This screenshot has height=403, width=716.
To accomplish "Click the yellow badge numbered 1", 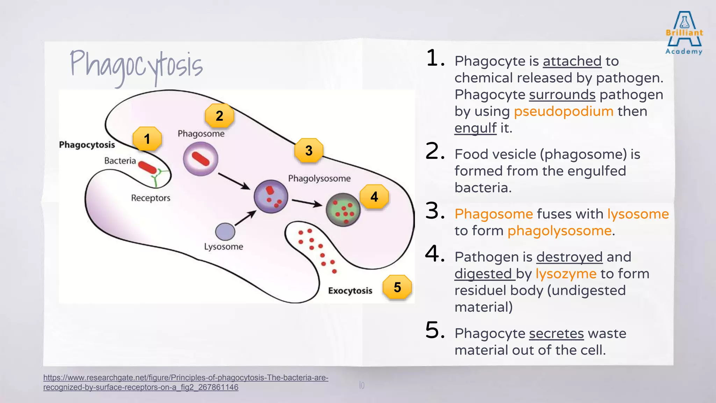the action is pyautogui.click(x=147, y=139).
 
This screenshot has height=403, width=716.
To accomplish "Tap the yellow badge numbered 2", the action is pyautogui.click(x=219, y=116).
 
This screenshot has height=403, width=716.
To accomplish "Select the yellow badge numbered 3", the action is pyautogui.click(x=309, y=150).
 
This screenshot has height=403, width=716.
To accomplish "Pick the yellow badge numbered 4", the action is pyautogui.click(x=374, y=197).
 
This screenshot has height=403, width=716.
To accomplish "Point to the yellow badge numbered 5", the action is pyautogui.click(x=397, y=287).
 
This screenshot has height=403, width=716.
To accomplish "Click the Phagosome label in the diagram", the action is pyautogui.click(x=201, y=134).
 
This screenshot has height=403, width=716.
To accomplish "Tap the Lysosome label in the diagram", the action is pyautogui.click(x=223, y=247).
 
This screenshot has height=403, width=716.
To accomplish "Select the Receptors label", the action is pyautogui.click(x=151, y=198).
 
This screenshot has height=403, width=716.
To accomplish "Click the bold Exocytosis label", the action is pyautogui.click(x=350, y=291).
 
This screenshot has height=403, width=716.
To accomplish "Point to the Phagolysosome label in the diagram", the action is pyautogui.click(x=319, y=178).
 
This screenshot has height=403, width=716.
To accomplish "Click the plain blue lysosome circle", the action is pyautogui.click(x=225, y=232).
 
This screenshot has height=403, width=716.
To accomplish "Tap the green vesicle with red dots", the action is pyautogui.click(x=343, y=210).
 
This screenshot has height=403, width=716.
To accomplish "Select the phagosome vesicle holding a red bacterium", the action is pyautogui.click(x=201, y=159).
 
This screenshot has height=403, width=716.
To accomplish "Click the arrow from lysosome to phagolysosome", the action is pyautogui.click(x=245, y=218).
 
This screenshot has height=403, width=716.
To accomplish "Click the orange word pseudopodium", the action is pyautogui.click(x=564, y=111).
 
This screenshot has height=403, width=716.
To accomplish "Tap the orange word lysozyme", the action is pyautogui.click(x=566, y=274).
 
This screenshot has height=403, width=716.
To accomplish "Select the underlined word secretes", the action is pyautogui.click(x=556, y=333).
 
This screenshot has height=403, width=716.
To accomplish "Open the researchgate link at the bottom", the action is pyautogui.click(x=185, y=382).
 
